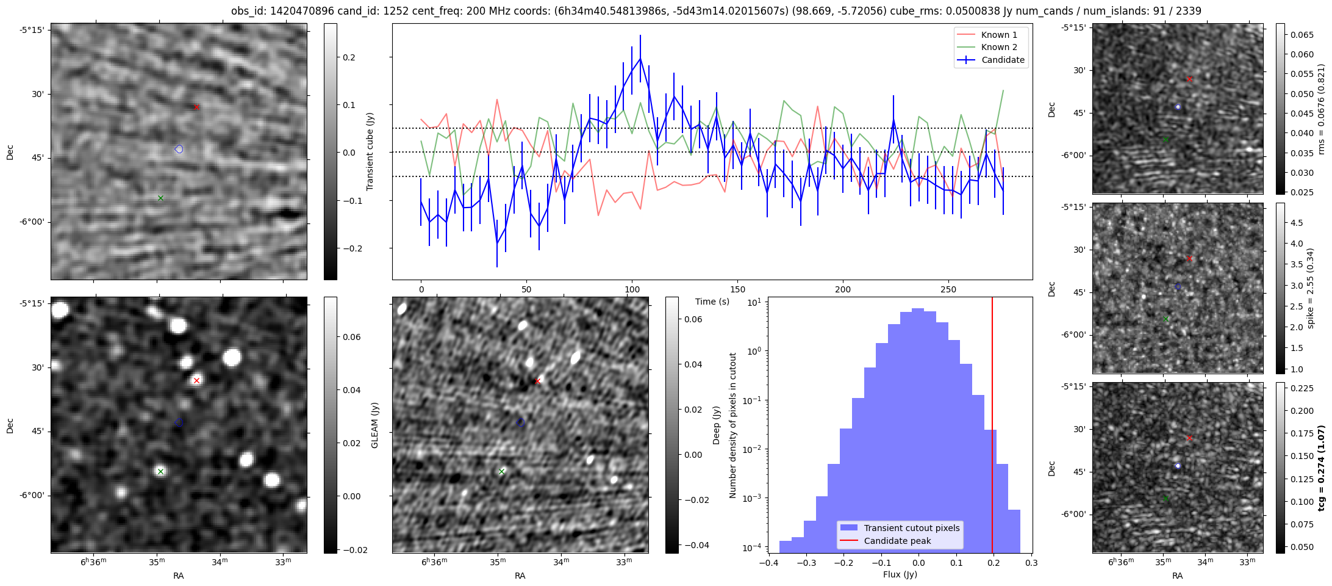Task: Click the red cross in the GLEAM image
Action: pyautogui.click(x=196, y=381)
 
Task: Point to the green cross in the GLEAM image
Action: pyautogui.click(x=160, y=471)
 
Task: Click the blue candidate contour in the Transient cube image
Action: pyautogui.click(x=179, y=149)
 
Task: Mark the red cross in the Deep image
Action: pyautogui.click(x=537, y=382)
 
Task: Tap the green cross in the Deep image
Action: pyautogui.click(x=502, y=471)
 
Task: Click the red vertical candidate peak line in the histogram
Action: pyautogui.click(x=992, y=427)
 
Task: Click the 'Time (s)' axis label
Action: pyautogui.click(x=712, y=302)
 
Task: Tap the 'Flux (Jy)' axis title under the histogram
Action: pyautogui.click(x=900, y=574)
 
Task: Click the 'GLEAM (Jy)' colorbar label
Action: pyautogui.click(x=375, y=425)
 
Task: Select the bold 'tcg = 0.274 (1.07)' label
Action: pyautogui.click(x=1322, y=468)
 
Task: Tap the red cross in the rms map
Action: pyautogui.click(x=1189, y=79)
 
